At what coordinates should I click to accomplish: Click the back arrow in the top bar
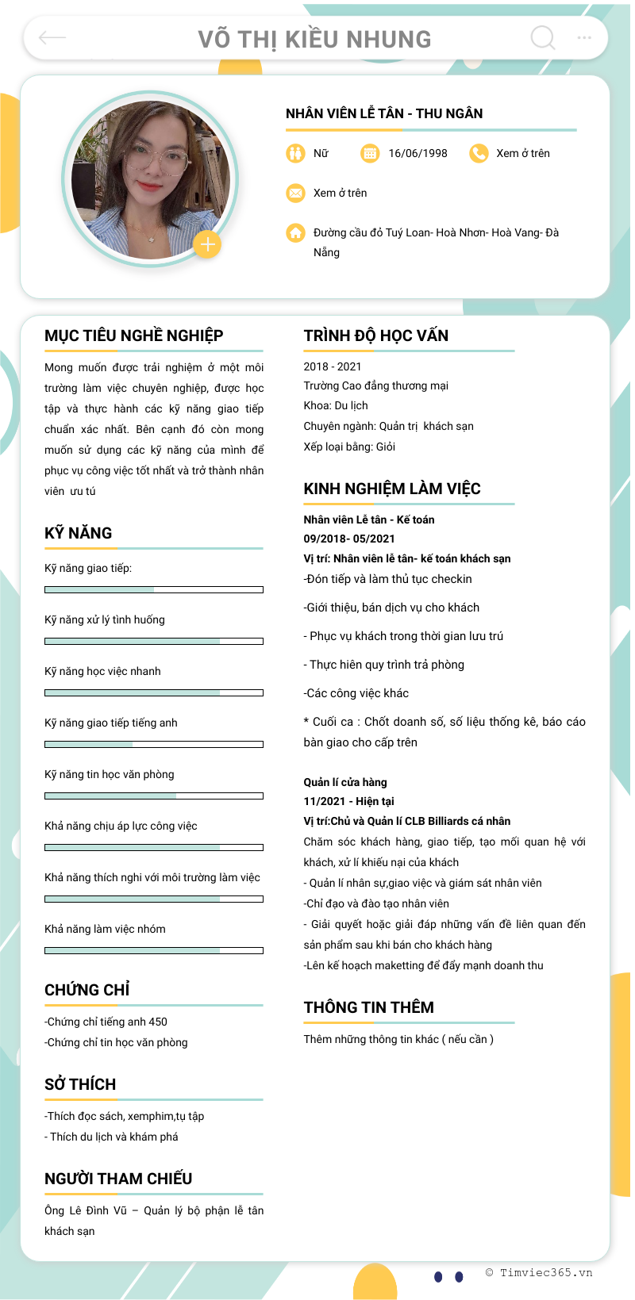point(52,38)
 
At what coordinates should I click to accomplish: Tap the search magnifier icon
point(543,37)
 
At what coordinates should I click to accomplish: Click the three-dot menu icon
point(584,38)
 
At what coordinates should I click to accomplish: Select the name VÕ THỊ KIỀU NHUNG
point(314,39)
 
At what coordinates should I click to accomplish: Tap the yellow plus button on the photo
point(207,244)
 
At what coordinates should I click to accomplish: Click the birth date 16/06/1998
point(418,153)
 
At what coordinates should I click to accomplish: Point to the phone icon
point(479,153)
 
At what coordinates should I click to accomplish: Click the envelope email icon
point(295,193)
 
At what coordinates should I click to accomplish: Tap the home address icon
point(295,232)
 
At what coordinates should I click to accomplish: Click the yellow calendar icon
point(370,153)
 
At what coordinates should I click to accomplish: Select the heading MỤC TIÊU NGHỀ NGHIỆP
point(133,336)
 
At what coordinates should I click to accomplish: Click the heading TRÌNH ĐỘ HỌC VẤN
point(375,336)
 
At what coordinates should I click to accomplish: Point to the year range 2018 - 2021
point(332,366)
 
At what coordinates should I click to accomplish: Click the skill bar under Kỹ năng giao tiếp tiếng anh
point(153,744)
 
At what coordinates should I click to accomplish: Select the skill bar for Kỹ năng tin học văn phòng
point(153,796)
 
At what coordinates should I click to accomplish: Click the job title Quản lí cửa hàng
point(345,782)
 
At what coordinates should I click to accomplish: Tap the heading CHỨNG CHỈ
point(87,990)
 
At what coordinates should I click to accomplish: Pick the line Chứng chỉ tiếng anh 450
point(106,1022)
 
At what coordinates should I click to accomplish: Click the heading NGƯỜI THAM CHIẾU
point(118,1179)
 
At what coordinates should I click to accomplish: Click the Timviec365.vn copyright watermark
point(539,1272)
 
